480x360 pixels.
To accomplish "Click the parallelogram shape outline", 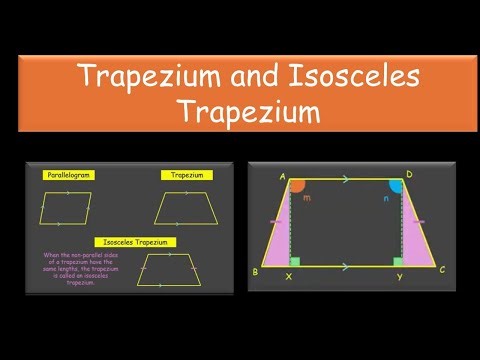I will tap(66, 209).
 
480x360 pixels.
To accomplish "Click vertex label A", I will tap(284, 176).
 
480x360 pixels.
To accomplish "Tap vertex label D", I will tap(409, 175).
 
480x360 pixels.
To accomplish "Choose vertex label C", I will tap(441, 270).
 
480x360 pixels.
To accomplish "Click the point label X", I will tap(289, 277).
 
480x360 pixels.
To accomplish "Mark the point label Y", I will tap(399, 277).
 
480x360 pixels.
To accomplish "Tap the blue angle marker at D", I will tap(396, 187).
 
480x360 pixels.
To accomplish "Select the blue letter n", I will tap(387, 200).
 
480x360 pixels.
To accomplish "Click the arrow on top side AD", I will tap(345, 181).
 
